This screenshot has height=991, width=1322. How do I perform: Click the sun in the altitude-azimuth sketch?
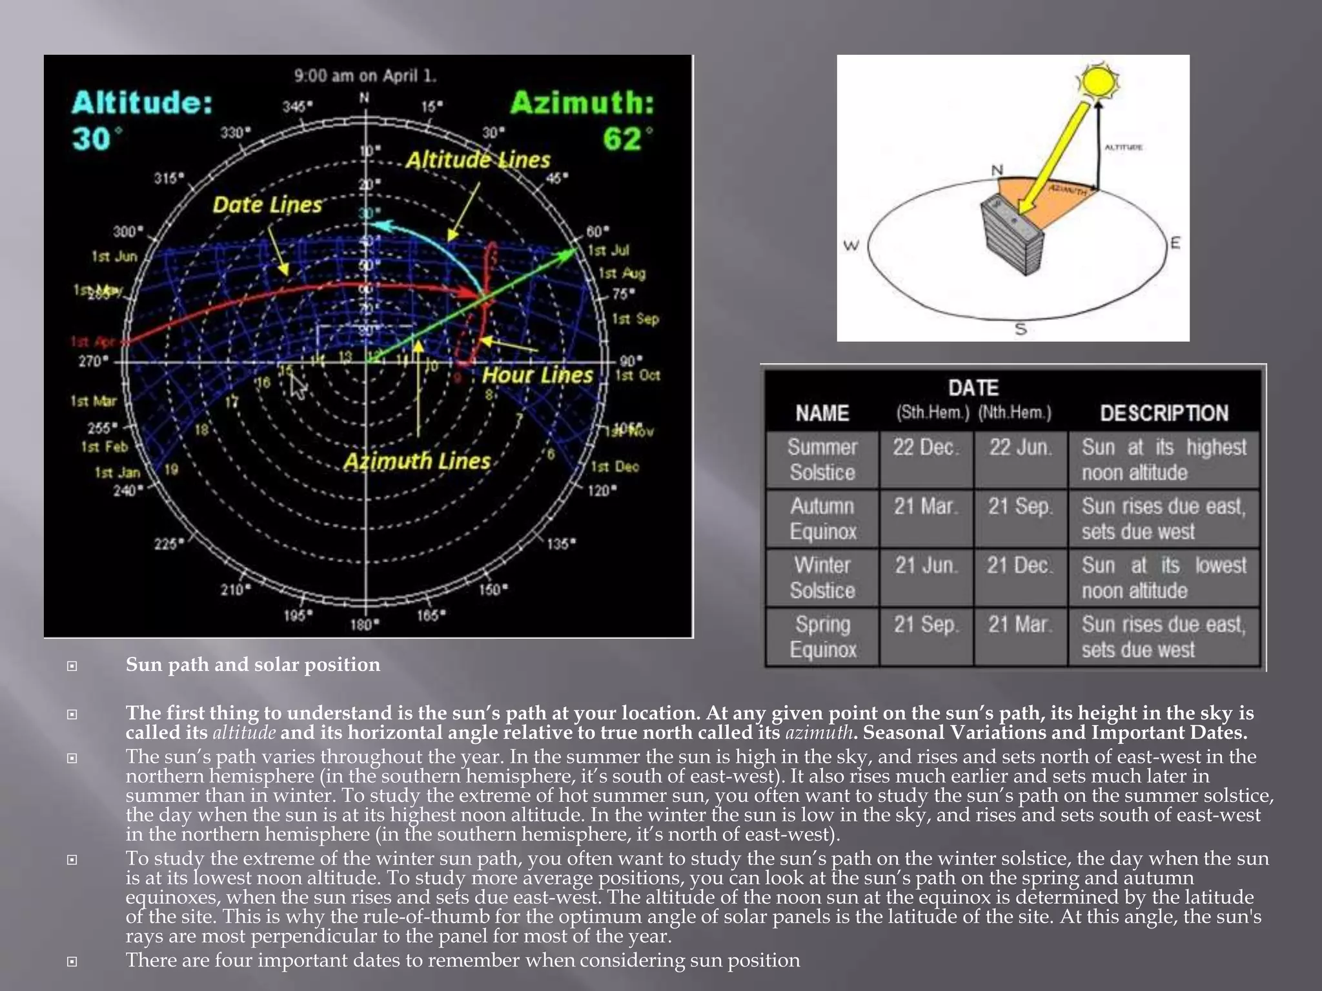tap(1098, 81)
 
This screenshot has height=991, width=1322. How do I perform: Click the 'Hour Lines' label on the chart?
tap(537, 375)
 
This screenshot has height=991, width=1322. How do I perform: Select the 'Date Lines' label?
tap(267, 205)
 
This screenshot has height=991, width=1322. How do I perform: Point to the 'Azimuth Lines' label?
tap(417, 461)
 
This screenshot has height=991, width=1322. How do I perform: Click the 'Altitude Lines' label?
tap(478, 160)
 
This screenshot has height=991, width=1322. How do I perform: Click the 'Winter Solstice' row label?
tap(822, 577)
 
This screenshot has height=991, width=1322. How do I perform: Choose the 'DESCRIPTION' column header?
tap(1164, 413)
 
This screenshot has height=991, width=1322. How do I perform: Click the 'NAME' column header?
tap(822, 413)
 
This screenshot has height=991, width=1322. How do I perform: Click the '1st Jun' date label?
tap(114, 257)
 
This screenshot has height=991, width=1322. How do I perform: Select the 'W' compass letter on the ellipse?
tap(851, 245)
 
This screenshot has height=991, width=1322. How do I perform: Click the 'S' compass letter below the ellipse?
tap(1021, 329)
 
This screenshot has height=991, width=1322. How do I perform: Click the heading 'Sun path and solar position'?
tap(253, 665)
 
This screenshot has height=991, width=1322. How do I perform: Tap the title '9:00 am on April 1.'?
tap(365, 76)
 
